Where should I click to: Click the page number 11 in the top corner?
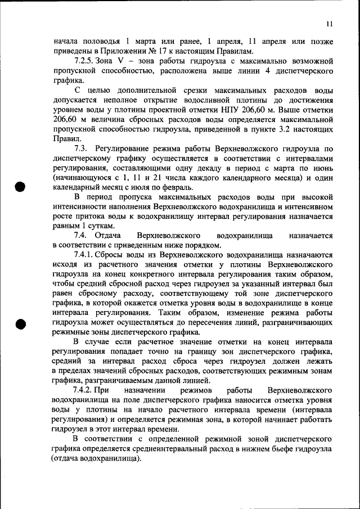coord(330,24)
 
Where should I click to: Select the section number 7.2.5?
coord(86,61)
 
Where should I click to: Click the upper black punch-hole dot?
coord(21,187)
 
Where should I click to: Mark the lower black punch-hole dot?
coord(21,324)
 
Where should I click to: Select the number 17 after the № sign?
coord(182,51)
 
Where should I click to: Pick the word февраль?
coord(179,187)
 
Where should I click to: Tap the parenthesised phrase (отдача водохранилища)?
coord(96,458)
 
